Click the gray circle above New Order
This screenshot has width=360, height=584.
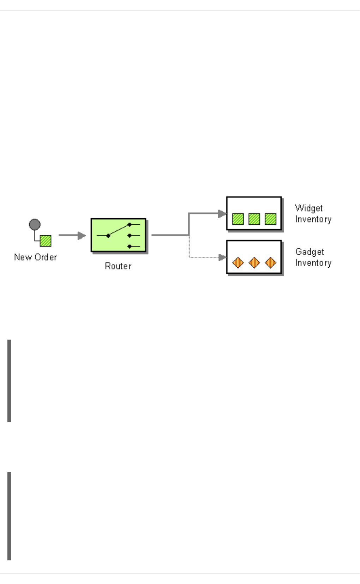click(x=35, y=224)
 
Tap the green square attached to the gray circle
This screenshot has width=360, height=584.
click(x=46, y=241)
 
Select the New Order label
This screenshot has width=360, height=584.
click(x=35, y=257)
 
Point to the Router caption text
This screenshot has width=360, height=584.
click(x=118, y=266)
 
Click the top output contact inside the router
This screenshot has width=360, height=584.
click(x=130, y=224)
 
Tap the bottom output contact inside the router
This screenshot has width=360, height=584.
click(x=130, y=246)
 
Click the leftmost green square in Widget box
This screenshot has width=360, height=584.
click(x=238, y=219)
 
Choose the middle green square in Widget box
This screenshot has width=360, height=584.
click(x=254, y=219)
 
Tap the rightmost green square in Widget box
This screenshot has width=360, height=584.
click(x=270, y=219)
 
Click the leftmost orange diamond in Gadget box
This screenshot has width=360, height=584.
click(x=238, y=263)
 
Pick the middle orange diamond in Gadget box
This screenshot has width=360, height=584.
click(x=254, y=263)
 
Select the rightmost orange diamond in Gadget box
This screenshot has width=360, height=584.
click(x=270, y=263)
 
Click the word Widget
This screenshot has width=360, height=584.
click(x=309, y=208)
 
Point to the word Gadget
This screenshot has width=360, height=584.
click(x=310, y=252)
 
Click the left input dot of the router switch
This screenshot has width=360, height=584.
click(x=108, y=236)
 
